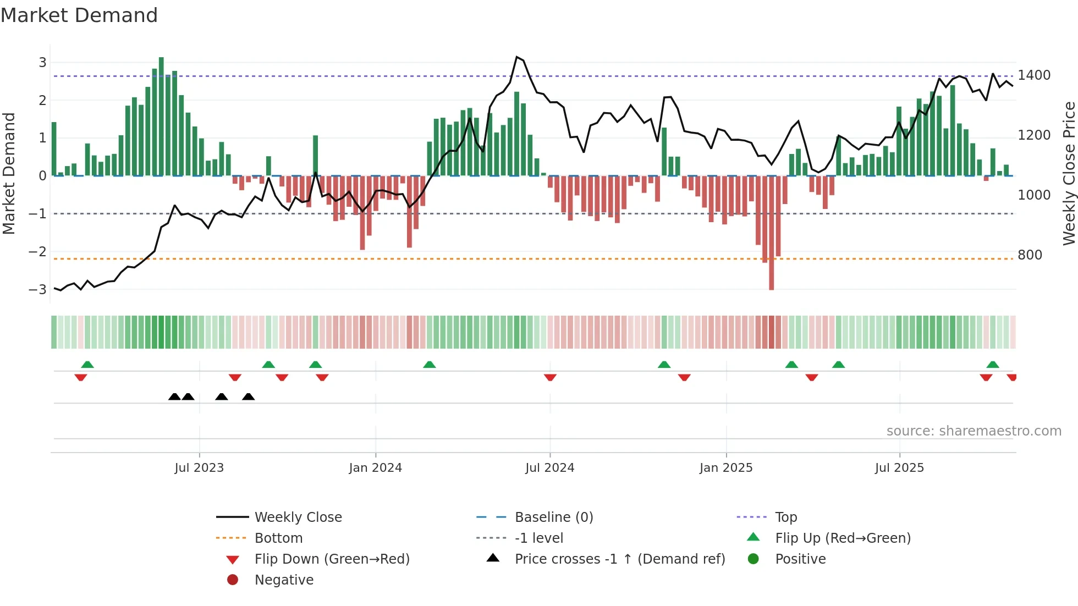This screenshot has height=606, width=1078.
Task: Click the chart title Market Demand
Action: (79, 15)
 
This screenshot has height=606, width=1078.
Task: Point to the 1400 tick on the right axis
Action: (1033, 75)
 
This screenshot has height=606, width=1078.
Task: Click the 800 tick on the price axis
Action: (1030, 255)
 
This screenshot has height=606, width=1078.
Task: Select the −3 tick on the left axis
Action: (37, 289)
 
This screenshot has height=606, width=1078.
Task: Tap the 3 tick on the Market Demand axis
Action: (42, 63)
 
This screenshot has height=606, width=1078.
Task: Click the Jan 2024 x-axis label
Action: (375, 468)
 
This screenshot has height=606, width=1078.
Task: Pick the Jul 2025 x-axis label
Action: (899, 468)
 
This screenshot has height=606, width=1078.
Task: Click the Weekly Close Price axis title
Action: (1069, 173)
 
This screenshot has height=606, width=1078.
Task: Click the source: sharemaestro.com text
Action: (974, 431)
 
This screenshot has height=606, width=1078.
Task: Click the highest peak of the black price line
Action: (517, 57)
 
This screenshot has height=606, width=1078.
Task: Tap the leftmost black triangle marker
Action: (174, 396)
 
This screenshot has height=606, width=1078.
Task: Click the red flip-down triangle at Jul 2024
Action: (550, 377)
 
